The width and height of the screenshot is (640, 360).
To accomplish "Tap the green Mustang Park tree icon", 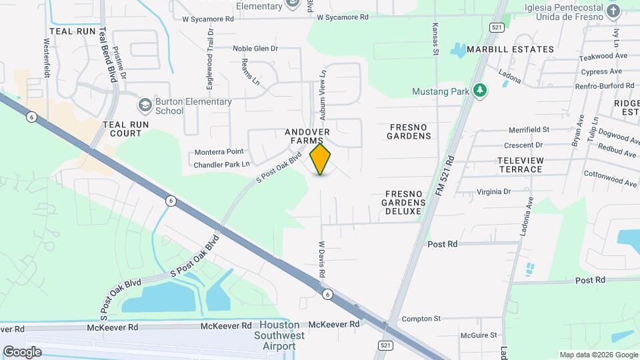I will point(479,90).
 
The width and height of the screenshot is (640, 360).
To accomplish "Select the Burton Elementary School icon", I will point(144,105).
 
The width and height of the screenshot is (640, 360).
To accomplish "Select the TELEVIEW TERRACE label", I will point(520,165).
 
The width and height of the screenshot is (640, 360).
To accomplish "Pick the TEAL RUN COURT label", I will point(122,129).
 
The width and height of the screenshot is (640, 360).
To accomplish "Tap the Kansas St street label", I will point(435,41).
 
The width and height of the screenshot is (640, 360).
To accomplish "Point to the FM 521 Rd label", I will point(444,175).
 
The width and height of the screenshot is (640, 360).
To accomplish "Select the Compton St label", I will point(421,319).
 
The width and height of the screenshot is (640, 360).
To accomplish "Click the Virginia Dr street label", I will point(493,191).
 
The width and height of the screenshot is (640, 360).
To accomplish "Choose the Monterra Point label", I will point(219,152).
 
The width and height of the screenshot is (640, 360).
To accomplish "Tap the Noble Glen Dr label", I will point(255,48).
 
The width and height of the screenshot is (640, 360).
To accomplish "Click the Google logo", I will point(22,351).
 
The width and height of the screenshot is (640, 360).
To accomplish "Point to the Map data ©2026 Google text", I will point(598,355).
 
